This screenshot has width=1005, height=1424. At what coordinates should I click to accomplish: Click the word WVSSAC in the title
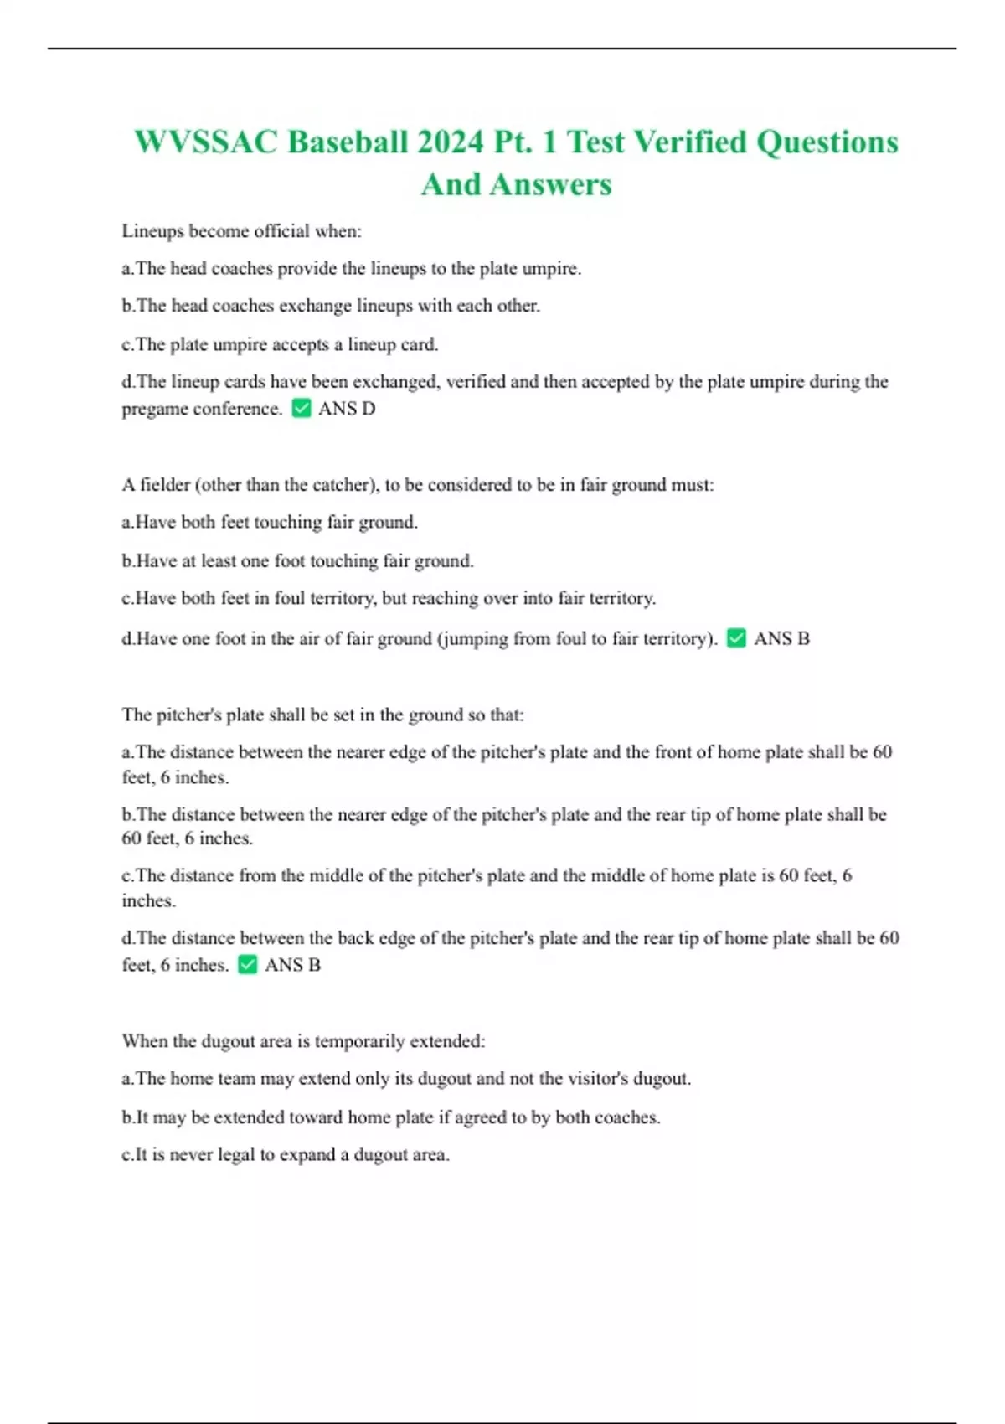tap(205, 142)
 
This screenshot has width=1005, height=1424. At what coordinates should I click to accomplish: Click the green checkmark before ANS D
tap(301, 409)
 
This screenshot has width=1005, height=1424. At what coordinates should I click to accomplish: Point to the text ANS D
tap(347, 409)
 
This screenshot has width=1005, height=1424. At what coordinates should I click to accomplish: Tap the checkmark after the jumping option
tap(736, 638)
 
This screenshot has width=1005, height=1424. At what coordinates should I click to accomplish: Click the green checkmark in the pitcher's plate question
tap(247, 965)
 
